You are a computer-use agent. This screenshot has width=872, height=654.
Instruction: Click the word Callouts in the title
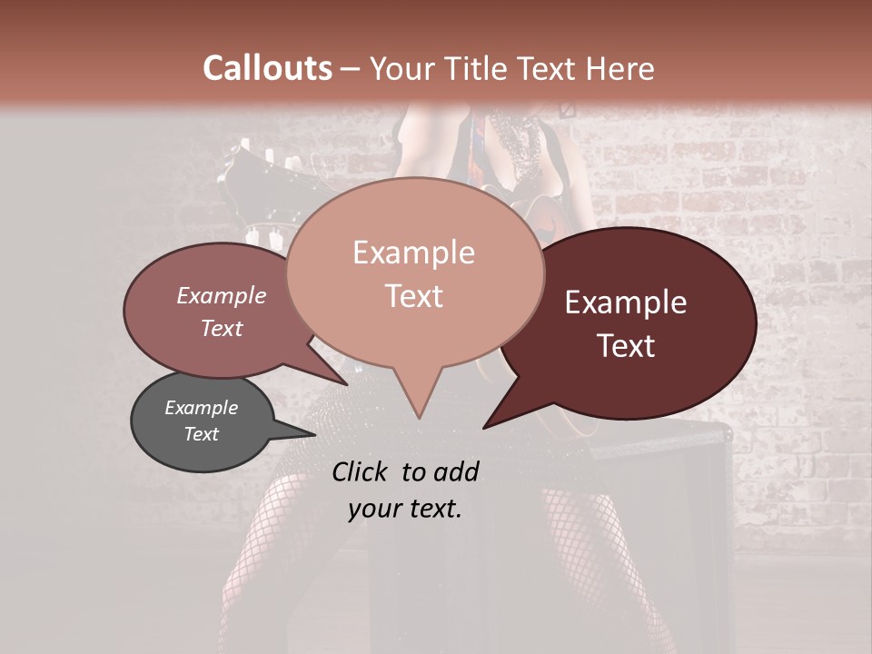(267, 69)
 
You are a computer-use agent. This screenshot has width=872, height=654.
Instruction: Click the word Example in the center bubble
(413, 253)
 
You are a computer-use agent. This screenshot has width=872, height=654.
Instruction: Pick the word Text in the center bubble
(413, 296)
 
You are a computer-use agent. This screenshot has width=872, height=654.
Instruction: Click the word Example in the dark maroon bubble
(626, 302)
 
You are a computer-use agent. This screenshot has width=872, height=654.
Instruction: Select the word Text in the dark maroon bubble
(626, 346)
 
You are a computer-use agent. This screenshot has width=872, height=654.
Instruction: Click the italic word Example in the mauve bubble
(221, 295)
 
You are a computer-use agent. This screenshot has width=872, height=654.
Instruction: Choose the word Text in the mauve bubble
(221, 329)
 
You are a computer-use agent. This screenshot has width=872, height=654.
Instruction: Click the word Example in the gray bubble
(201, 408)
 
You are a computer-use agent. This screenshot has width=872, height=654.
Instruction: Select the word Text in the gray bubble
(201, 434)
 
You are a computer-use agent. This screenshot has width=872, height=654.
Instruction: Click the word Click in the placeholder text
(362, 471)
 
